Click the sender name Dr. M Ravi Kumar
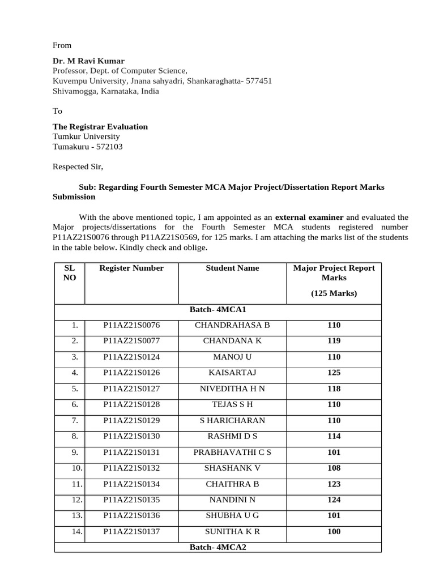pos(88,61)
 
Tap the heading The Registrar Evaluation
pos(100,126)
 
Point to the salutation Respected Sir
pos(78,167)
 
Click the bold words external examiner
pos(309,217)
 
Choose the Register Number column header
pos(131,268)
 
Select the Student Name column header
pos(232,268)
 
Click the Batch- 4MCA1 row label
pos(217,310)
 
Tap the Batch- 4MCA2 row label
pos(217,548)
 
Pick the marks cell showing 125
pos(334,373)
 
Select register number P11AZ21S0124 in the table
pos(131,357)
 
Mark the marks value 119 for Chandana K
pos(334,341)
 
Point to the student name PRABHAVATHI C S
pos(232,452)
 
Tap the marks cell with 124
pos(334,500)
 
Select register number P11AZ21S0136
pos(131,515)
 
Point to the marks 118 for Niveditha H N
pos(334,389)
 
